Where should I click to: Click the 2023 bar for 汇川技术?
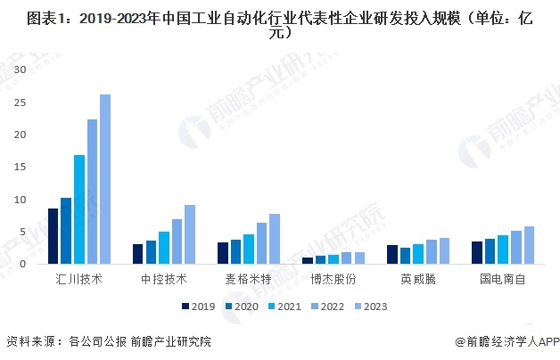105,179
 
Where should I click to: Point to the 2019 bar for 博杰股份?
308,260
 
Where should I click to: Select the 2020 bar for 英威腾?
406,256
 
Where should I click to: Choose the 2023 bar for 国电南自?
529,245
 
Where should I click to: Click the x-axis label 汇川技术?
79,278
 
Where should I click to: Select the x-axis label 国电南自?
503,278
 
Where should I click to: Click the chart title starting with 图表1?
280,25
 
